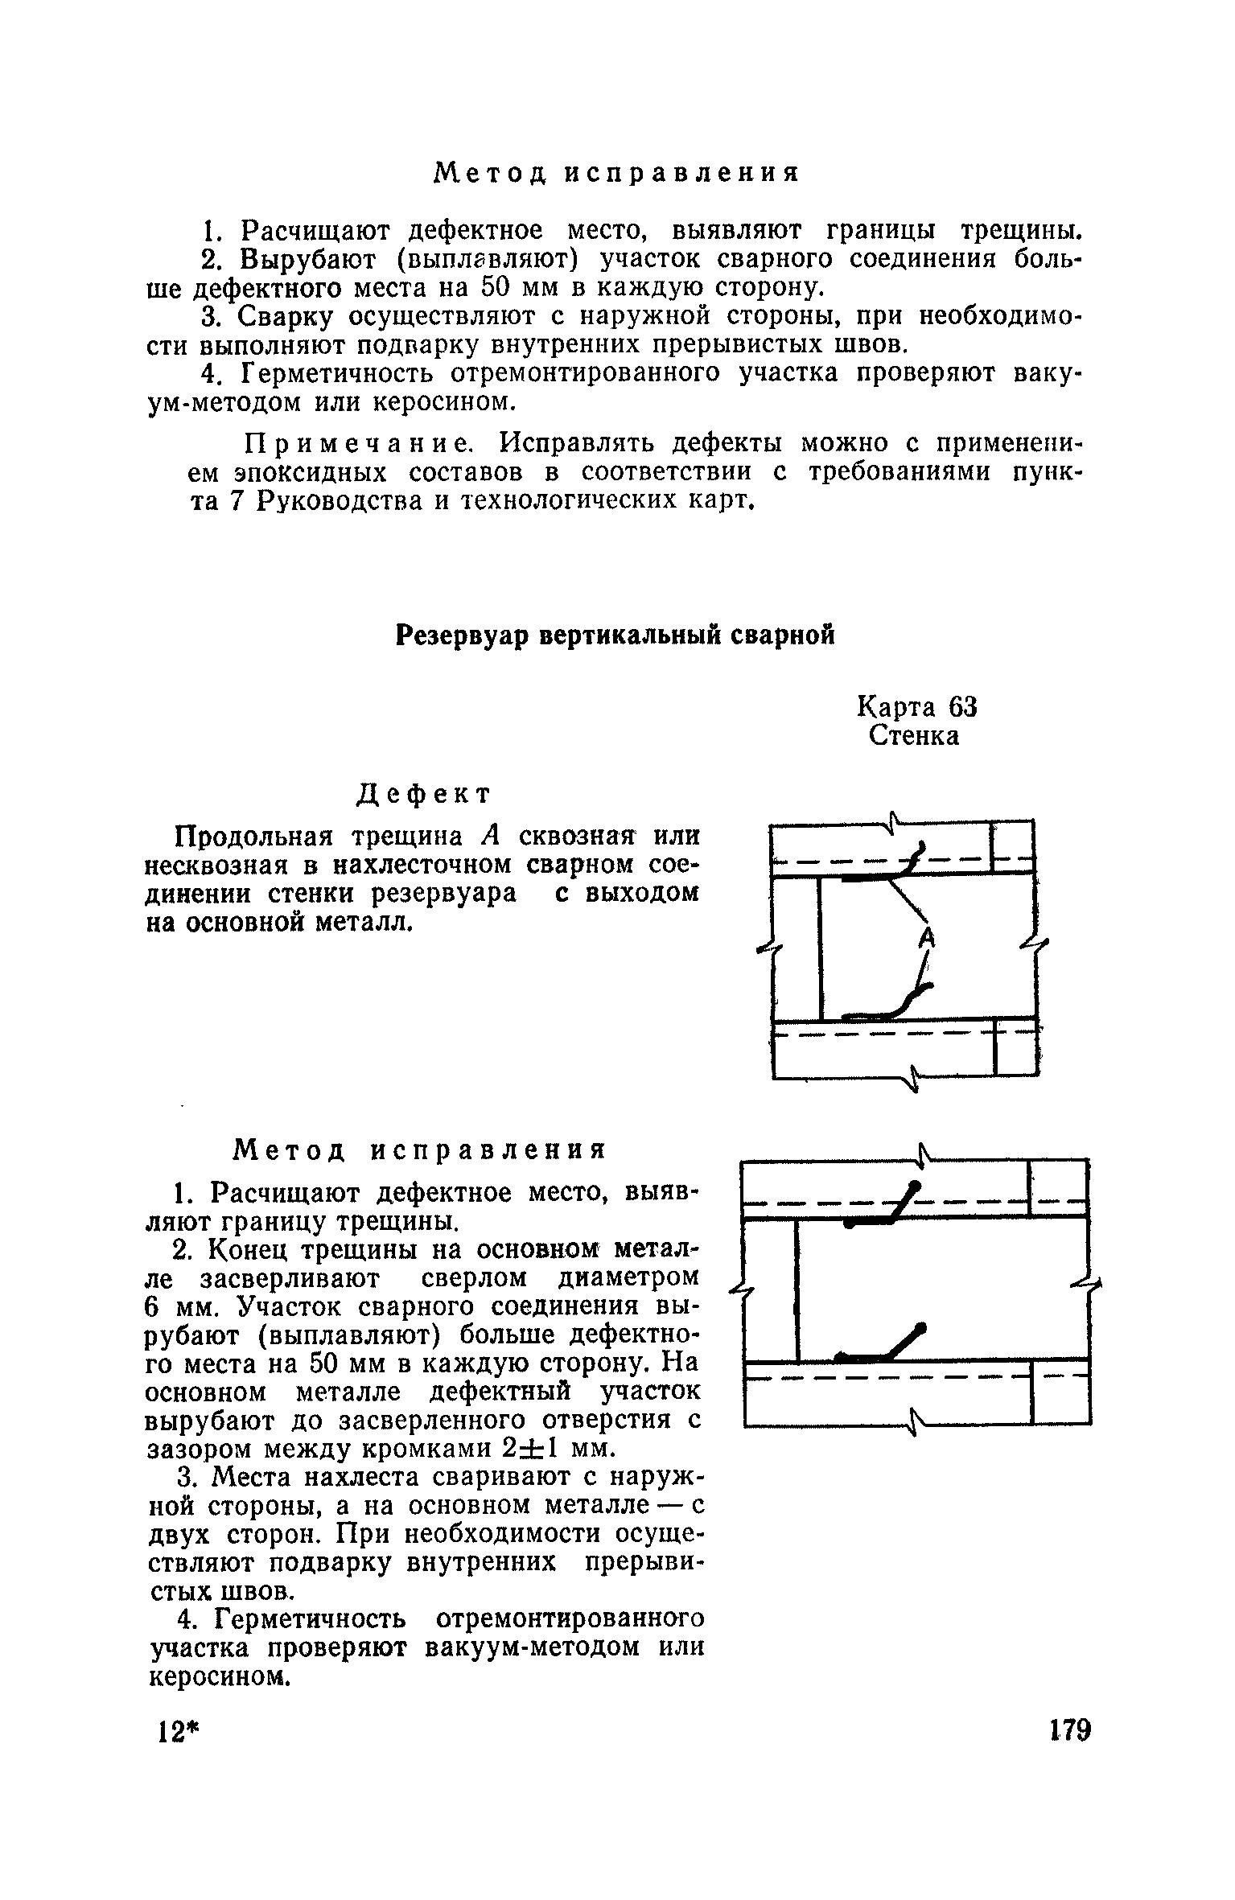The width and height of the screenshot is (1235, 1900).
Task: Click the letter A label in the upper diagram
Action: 928,936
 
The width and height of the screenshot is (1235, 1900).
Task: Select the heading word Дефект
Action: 423,794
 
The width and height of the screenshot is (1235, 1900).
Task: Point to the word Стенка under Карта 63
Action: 914,736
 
